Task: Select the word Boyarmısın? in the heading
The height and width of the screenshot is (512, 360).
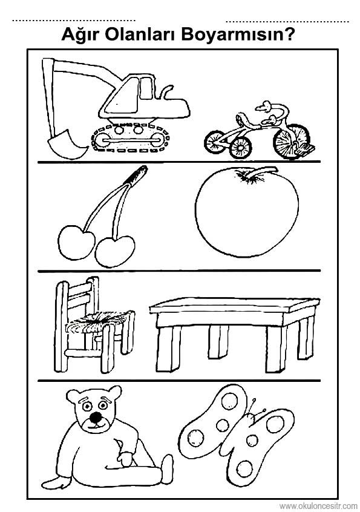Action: (235, 34)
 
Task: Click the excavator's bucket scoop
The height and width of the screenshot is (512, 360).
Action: (67, 144)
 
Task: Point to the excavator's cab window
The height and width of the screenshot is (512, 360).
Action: (146, 88)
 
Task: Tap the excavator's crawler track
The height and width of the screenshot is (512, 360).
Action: (131, 139)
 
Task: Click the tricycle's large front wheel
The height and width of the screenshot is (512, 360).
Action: (290, 141)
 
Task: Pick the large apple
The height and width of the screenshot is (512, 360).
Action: (247, 212)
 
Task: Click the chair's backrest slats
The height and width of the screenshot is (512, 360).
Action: (77, 295)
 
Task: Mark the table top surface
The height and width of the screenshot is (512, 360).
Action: (234, 305)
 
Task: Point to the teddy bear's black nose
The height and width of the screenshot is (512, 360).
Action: (96, 416)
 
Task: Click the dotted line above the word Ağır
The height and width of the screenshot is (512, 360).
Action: (74, 21)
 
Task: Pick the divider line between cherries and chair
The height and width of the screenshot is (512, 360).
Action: (179, 271)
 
